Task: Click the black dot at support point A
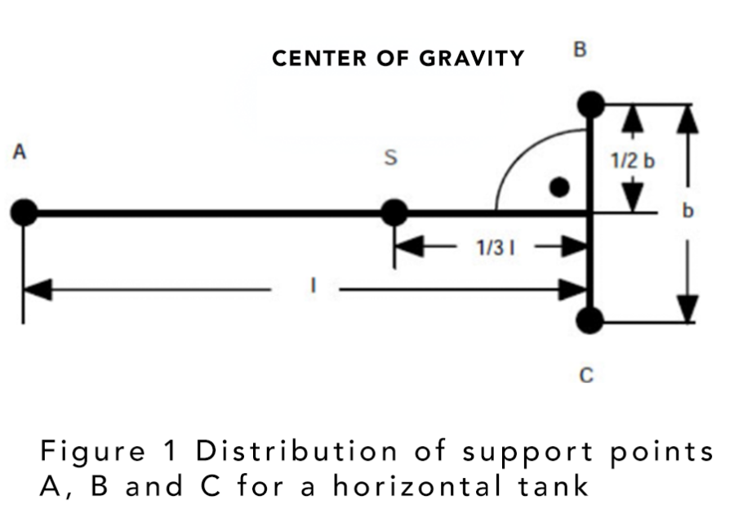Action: tap(24, 212)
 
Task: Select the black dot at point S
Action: tap(394, 212)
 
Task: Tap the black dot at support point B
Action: tap(591, 105)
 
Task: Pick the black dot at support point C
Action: tap(590, 320)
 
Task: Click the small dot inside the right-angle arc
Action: tap(559, 187)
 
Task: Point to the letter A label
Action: tap(19, 152)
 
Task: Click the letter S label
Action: tap(390, 157)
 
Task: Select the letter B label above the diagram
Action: tap(580, 49)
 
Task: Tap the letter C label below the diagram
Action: tap(586, 376)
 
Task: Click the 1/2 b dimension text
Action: tap(633, 161)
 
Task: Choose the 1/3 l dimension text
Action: tap(496, 248)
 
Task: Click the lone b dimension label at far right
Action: tap(688, 210)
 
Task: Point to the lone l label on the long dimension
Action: tap(313, 285)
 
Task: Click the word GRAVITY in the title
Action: tap(472, 58)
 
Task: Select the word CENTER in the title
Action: tap(320, 58)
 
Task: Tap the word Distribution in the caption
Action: tap(297, 450)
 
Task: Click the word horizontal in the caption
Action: tap(417, 486)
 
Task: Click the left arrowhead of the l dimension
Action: tap(38, 289)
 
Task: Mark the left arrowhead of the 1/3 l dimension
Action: tap(409, 246)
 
